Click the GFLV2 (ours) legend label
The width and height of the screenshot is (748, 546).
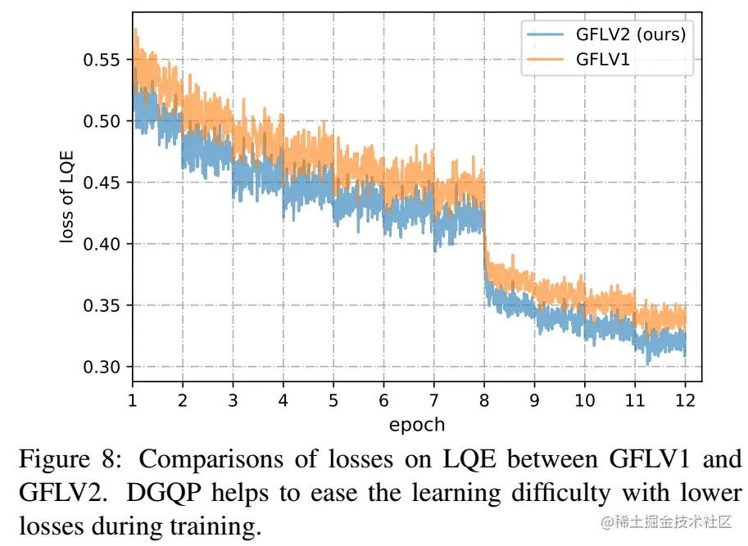click(x=631, y=34)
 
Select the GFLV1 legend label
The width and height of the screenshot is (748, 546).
click(x=603, y=59)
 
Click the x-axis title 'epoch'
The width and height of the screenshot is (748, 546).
click(x=417, y=425)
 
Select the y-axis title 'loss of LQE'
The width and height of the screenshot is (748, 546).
click(x=66, y=196)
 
